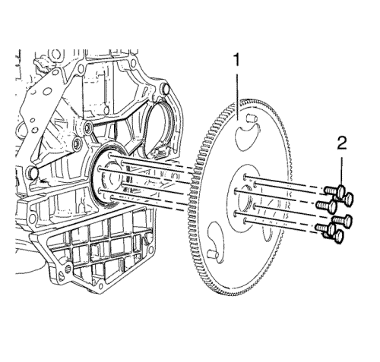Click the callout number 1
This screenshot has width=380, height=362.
coord(236,60)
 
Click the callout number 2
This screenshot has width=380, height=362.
coord(342,144)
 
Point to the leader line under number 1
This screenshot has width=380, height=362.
coord(237,97)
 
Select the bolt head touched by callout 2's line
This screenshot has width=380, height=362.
coord(341,190)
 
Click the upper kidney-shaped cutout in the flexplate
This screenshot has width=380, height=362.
coord(245,137)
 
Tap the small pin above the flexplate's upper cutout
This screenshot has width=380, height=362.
coord(252,118)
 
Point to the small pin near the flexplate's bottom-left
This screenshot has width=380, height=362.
coord(212,253)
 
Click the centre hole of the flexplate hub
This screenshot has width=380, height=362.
coord(245,199)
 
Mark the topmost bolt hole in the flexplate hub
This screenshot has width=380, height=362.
coord(245,176)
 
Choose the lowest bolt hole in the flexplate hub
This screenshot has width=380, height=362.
coord(244,222)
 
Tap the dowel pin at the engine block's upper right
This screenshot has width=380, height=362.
coord(166,89)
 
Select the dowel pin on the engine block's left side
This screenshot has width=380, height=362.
coord(33,172)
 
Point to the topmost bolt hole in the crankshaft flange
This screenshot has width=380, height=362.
coord(109,155)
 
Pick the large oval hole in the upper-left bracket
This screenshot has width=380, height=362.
coord(47,92)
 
